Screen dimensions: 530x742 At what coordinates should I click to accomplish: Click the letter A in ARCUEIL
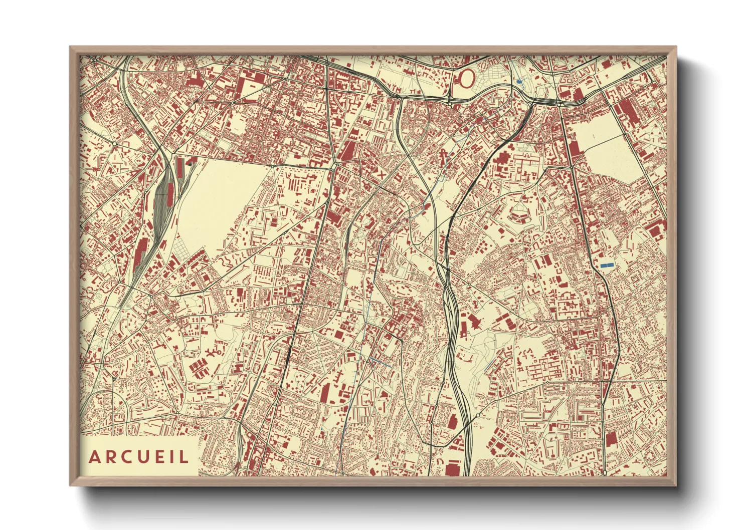click(x=94, y=457)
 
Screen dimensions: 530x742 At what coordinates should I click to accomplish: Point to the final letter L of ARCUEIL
click(x=183, y=457)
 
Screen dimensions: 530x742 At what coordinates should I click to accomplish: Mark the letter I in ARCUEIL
click(x=171, y=457)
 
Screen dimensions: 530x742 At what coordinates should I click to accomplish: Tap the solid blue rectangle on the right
click(x=607, y=264)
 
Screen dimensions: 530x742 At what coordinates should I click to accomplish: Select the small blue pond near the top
click(x=519, y=81)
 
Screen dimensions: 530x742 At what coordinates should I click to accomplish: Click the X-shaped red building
click(x=382, y=175)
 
